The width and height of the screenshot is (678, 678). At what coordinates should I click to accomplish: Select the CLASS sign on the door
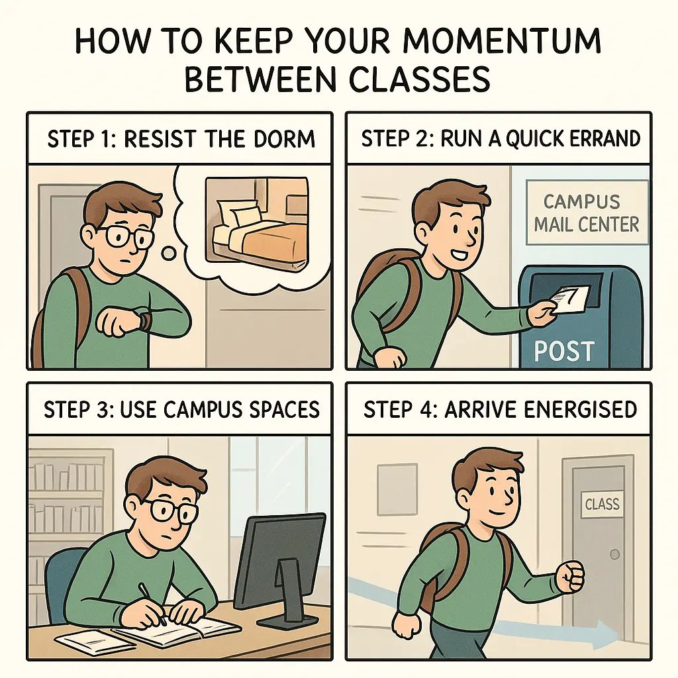pyautogui.click(x=602, y=505)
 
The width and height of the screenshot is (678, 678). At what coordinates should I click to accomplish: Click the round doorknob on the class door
pyautogui.click(x=616, y=553)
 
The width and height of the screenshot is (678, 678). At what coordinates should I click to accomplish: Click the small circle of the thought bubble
pyautogui.click(x=169, y=253)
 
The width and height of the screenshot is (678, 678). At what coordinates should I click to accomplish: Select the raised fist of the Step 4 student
pyautogui.click(x=569, y=576)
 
